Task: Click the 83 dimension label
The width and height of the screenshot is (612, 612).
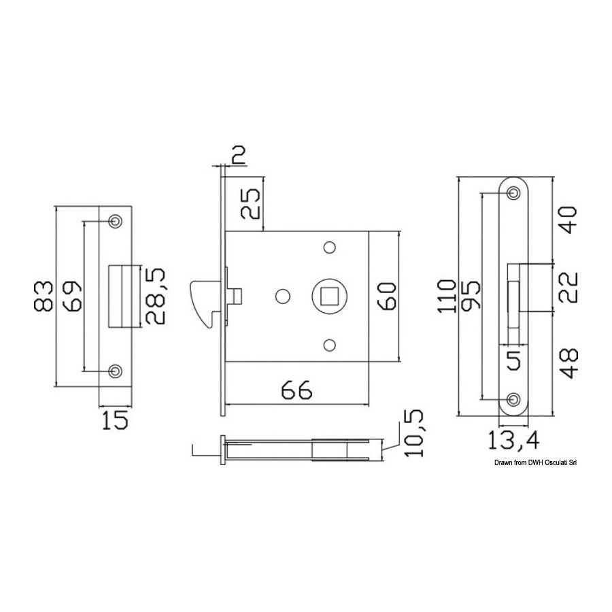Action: [44, 296]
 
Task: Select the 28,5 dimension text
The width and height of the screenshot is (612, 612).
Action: [155, 296]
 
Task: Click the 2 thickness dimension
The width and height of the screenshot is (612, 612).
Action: [238, 154]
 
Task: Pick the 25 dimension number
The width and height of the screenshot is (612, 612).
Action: [250, 204]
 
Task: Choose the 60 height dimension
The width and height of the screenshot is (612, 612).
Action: [387, 296]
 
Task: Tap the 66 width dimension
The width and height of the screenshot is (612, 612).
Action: [297, 389]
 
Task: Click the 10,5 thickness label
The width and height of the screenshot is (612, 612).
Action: [413, 433]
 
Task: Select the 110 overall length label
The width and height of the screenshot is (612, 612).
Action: [446, 296]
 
